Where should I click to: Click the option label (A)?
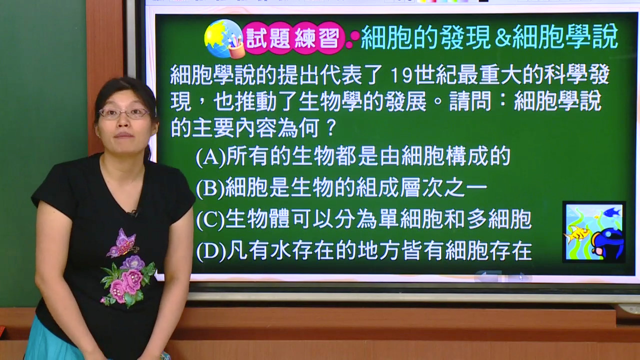click(211, 156)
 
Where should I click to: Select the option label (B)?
click(210, 188)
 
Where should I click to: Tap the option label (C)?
click(210, 219)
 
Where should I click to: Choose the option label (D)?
click(211, 251)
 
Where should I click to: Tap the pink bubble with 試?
click(257, 38)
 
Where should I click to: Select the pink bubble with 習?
click(329, 38)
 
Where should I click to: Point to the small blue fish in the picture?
click(612, 212)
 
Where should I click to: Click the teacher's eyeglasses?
click(124, 113)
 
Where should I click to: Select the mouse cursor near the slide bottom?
click(521, 277)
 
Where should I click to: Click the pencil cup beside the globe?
click(236, 46)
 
